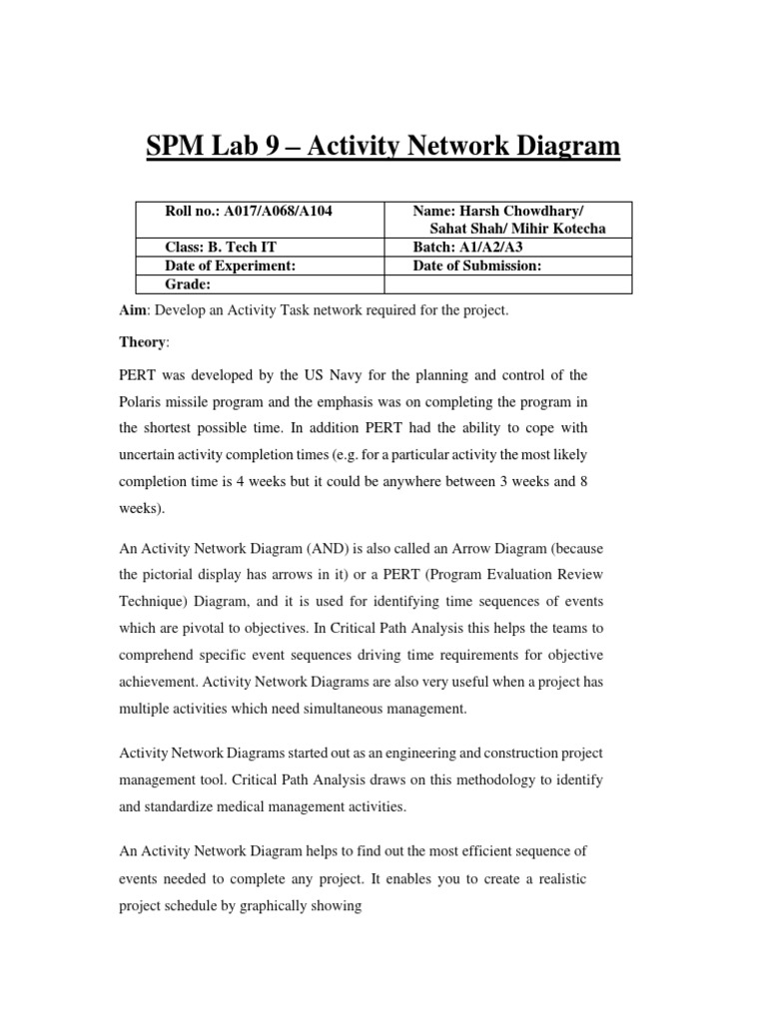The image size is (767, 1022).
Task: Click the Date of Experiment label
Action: [231, 265]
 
